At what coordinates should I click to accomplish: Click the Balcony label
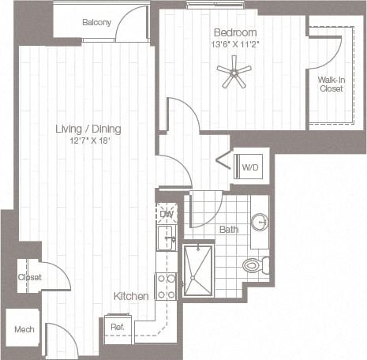tap(96, 22)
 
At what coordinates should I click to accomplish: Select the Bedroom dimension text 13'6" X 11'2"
tap(234, 44)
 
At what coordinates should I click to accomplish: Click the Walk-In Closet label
tap(330, 84)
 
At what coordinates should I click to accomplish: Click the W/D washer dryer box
tap(251, 167)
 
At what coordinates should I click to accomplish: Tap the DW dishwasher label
tap(167, 214)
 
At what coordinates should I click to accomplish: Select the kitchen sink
tap(166, 237)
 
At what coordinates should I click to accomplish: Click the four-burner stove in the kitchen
tap(166, 286)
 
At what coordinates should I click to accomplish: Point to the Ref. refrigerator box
tap(117, 326)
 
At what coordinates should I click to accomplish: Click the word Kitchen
tap(131, 295)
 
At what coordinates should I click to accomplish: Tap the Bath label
tap(228, 230)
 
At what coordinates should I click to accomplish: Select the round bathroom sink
tap(260, 223)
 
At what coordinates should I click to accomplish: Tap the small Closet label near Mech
tap(29, 277)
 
